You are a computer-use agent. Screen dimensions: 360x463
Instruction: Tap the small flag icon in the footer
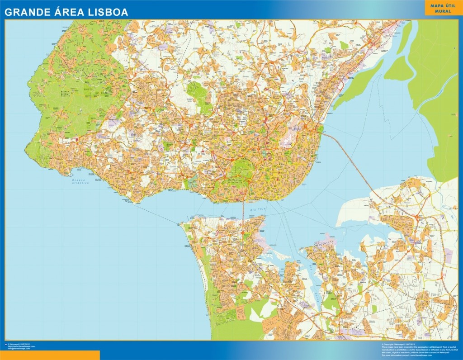(5, 345)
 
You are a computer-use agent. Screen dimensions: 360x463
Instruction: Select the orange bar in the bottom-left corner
(50, 355)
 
